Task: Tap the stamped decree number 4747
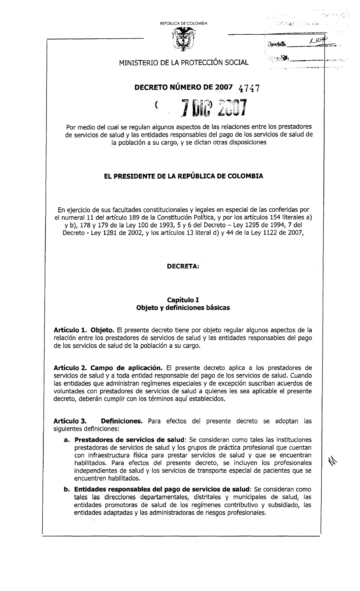coord(249,88)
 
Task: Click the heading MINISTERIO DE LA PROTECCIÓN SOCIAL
coord(184,62)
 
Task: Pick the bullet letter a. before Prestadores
coord(66,440)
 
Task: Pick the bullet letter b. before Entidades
coord(66,489)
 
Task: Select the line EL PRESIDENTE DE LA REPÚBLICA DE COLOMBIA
coord(183,176)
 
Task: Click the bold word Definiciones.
coord(121,421)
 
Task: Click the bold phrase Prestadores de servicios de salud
coord(129,440)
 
